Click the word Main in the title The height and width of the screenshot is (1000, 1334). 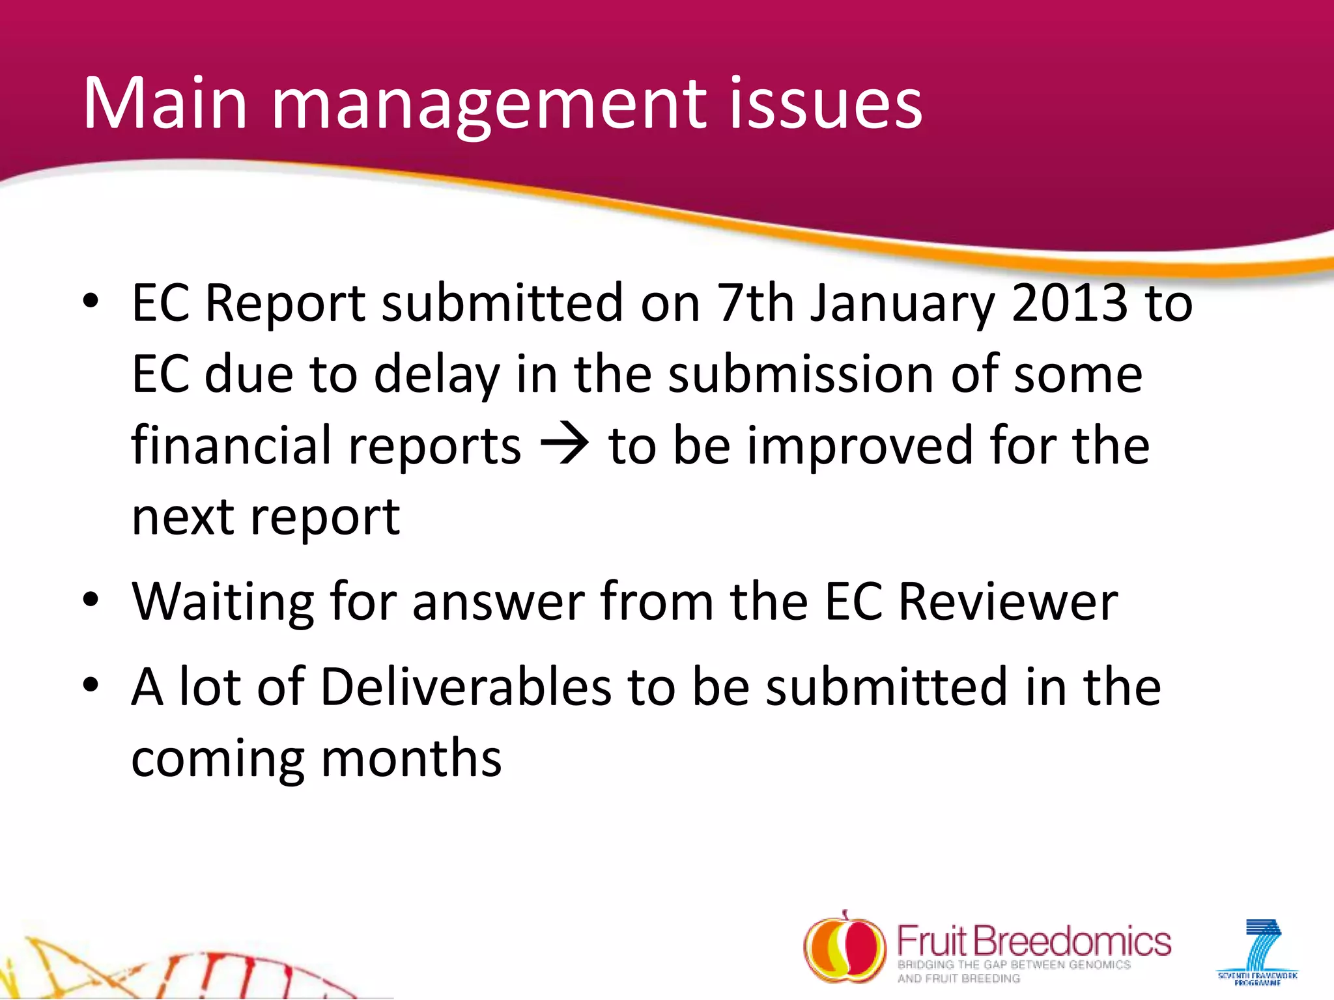pos(165,104)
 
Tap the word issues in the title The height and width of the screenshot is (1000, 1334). pos(825,104)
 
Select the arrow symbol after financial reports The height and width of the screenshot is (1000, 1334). pos(565,445)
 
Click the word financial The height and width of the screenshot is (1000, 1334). pos(232,445)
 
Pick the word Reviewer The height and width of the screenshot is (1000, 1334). pos(1008,601)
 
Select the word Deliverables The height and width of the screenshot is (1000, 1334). pos(466,687)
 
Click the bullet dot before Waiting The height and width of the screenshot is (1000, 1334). pos(91,599)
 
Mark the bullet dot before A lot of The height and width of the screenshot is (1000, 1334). pos(91,685)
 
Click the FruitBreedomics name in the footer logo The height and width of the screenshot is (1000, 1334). pos(1034,941)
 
